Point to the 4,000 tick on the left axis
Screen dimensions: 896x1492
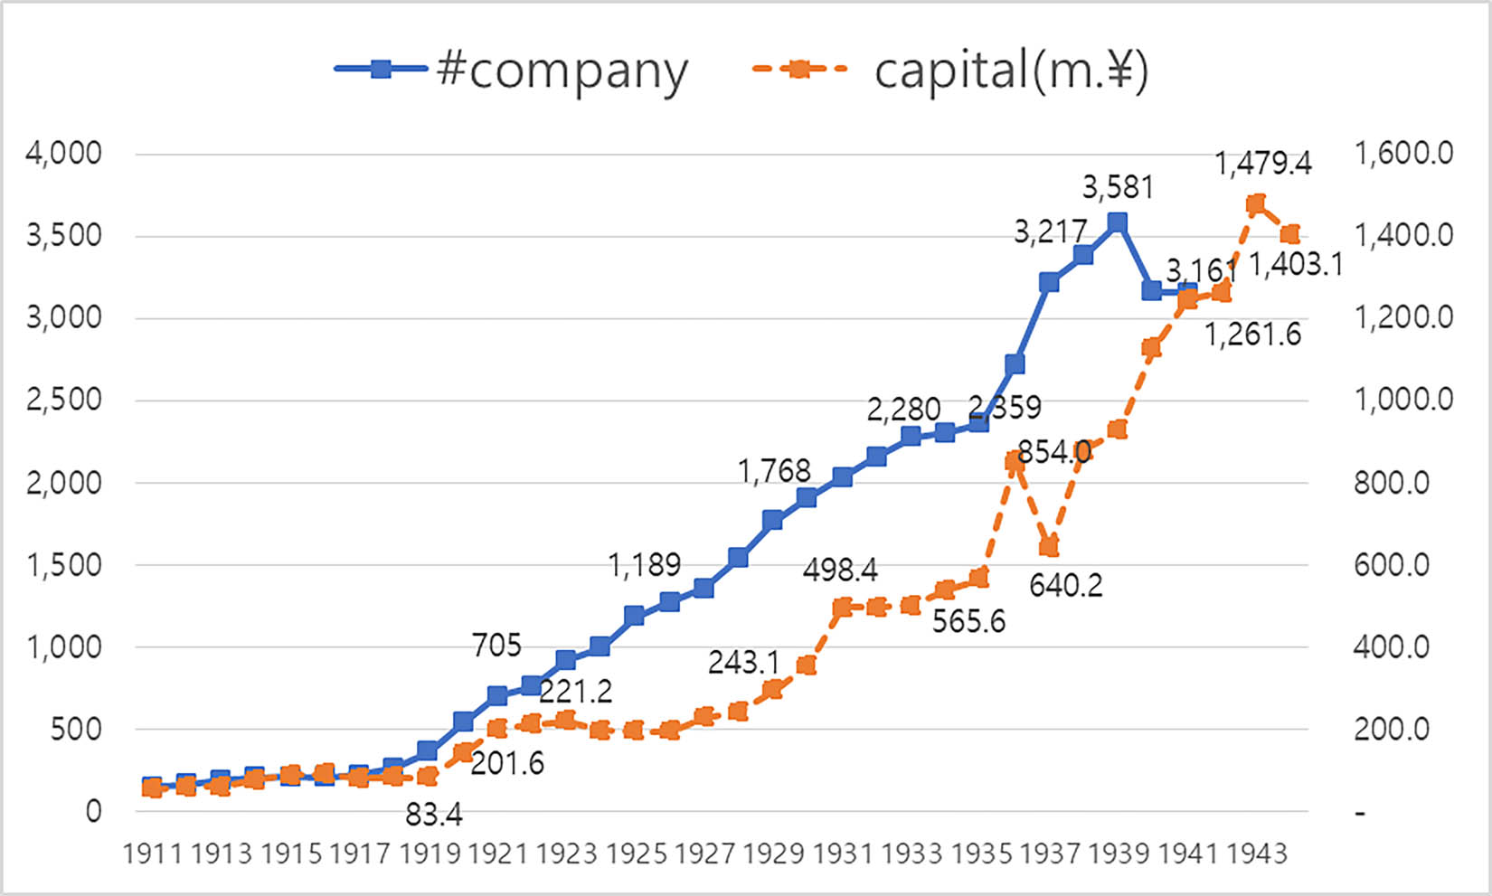[63, 153]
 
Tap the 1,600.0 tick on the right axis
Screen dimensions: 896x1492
[1402, 153]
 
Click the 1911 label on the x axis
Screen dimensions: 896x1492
[152, 854]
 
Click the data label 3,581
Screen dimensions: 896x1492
[1118, 187]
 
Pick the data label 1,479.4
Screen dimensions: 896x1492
[1262, 164]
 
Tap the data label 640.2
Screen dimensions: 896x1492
[1065, 586]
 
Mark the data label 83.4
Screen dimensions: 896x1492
[433, 816]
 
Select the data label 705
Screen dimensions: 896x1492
[496, 646]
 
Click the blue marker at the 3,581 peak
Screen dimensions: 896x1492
[1118, 222]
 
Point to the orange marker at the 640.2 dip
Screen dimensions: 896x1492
[1049, 547]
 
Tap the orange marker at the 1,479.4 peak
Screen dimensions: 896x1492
[1256, 204]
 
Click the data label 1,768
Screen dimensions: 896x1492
[774, 471]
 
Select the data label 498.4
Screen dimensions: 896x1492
[840, 571]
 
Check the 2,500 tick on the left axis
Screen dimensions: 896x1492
[63, 400]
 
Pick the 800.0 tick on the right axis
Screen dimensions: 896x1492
[1391, 483]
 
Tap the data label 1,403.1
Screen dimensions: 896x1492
[1296, 265]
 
